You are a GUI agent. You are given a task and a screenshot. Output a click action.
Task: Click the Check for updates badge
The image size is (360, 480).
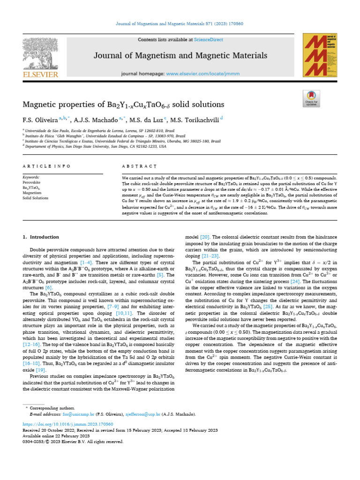(x=311, y=99)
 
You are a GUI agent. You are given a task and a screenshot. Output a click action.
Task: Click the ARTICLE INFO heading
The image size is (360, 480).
(x=46, y=166)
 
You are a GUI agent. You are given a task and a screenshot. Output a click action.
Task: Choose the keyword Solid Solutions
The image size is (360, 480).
(x=36, y=198)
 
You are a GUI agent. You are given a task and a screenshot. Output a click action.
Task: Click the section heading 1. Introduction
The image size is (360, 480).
(x=41, y=237)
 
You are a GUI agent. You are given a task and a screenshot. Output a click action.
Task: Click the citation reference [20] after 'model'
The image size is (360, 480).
(x=204, y=237)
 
